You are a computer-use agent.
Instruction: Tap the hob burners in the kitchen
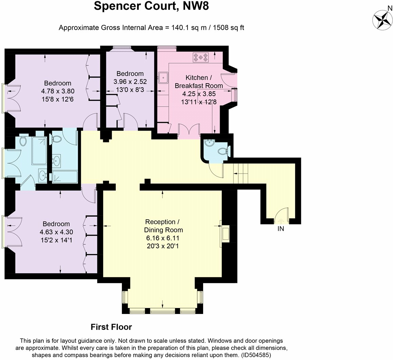click(200, 58)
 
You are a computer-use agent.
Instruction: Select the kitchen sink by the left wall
click(163, 77)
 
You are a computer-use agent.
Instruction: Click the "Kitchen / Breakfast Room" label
click(198, 82)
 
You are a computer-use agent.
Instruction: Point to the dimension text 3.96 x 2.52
click(130, 82)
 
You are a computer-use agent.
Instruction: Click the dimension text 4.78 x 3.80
click(58, 91)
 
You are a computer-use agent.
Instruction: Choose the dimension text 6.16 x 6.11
click(163, 238)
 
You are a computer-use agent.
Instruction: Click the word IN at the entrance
click(281, 229)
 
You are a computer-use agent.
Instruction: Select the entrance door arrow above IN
click(281, 221)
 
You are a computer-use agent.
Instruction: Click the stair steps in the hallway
click(241, 174)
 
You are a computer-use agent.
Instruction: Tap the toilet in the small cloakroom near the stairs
click(223, 151)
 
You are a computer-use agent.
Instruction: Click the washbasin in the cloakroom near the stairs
click(209, 143)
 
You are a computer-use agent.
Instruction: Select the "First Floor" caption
click(111, 327)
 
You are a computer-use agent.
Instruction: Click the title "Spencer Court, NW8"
click(151, 6)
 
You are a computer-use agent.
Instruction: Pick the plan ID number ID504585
click(256, 355)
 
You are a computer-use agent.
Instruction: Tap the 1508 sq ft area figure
click(228, 27)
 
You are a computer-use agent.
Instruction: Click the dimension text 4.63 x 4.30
click(57, 232)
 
